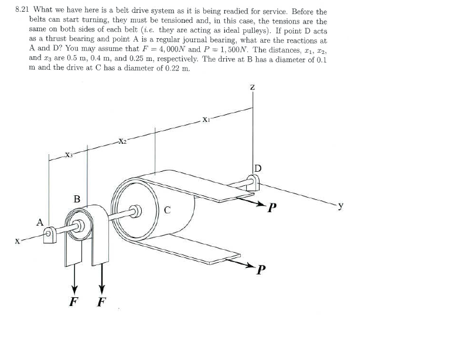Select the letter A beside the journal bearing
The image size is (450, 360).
click(x=40, y=222)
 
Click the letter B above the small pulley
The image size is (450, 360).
click(x=77, y=198)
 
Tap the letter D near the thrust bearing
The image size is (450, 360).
click(x=257, y=169)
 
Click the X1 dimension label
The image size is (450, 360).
click(x=206, y=121)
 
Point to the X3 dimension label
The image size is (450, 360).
click(x=69, y=155)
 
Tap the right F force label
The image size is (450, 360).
click(x=101, y=304)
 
